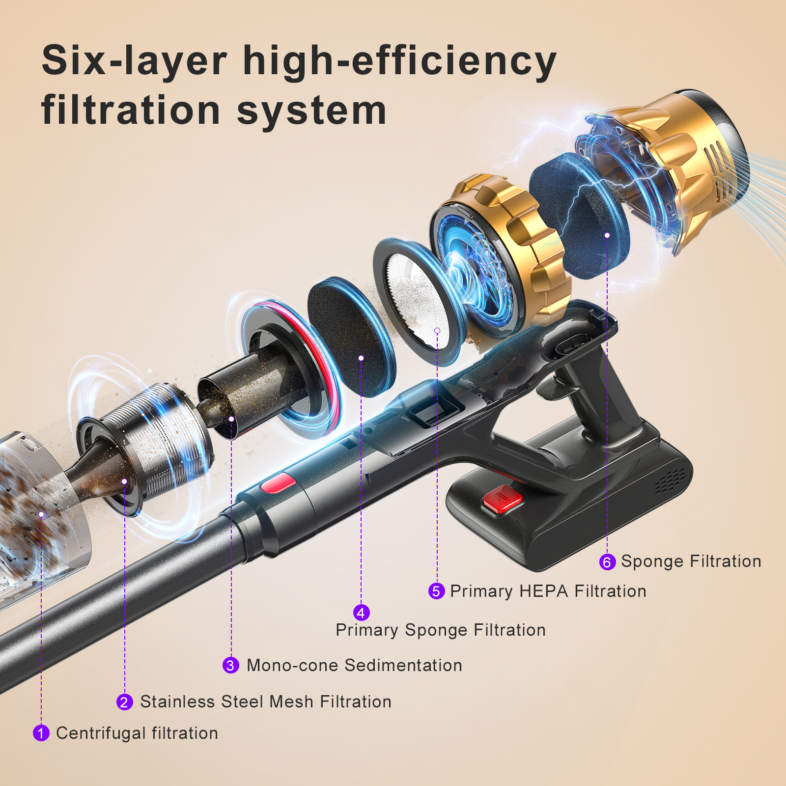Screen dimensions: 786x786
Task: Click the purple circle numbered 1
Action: [41, 733]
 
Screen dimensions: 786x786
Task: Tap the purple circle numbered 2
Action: [125, 702]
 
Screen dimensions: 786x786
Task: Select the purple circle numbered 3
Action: [231, 665]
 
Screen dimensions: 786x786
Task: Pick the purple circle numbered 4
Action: [362, 612]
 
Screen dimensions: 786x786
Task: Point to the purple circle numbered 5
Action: [436, 591]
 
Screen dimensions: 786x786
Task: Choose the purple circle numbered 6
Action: [607, 561]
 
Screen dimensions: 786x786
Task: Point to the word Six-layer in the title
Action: [135, 61]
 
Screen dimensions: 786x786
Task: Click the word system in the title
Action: [312, 111]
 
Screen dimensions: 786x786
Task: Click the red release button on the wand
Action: [278, 483]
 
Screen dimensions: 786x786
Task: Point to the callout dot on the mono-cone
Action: [231, 419]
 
